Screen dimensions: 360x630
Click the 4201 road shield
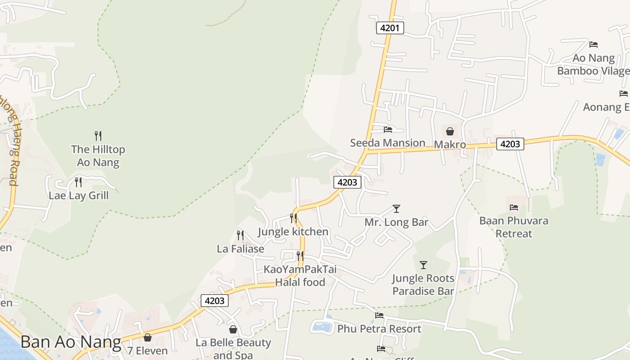390,28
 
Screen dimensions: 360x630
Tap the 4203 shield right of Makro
510,144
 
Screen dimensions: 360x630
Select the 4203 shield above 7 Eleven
215,301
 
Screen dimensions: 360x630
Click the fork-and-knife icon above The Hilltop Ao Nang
98,135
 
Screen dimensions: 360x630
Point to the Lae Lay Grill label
79,196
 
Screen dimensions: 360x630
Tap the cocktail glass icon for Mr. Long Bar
396,208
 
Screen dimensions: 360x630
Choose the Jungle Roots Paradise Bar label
423,284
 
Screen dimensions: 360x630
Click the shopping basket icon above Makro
450,131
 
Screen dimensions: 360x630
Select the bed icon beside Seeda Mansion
388,130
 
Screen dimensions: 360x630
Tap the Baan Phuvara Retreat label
514,227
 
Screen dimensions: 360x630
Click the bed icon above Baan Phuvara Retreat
514,207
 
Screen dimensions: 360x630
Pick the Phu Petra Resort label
379,329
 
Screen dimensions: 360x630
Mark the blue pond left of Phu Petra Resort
322,327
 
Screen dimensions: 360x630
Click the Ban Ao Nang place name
71,342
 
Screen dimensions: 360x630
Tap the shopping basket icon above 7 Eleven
148,337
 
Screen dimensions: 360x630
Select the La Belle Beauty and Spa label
233,349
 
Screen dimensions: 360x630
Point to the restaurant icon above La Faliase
240,235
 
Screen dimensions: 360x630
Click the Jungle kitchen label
293,232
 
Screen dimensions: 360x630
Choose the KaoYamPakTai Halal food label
300,276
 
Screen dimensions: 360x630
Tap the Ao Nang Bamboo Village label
593,64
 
